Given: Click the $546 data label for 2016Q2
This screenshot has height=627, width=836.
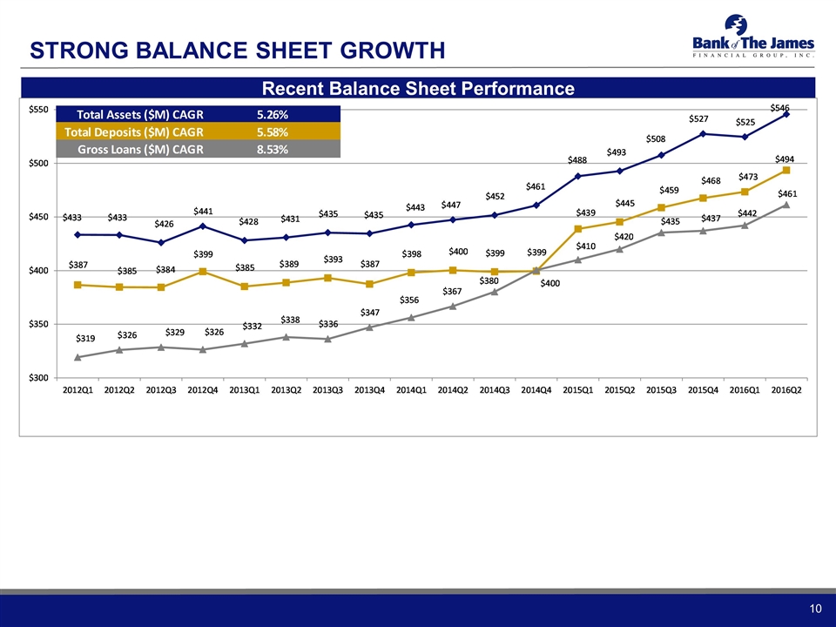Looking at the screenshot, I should point(779,107).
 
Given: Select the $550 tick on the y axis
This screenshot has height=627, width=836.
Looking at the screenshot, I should point(38,110).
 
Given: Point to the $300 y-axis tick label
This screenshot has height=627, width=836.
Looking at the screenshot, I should point(38,378).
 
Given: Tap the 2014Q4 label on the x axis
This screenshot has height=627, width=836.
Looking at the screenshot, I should point(536,388).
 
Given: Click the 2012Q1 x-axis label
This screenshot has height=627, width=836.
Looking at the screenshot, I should point(77,388).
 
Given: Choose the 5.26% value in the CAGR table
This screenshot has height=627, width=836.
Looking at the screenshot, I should point(272,114).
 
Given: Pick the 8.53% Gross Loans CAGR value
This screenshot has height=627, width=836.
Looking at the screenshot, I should point(272,149).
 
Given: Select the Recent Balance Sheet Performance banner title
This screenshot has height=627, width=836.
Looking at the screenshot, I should point(418,88).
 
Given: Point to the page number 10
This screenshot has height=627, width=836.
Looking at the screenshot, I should point(814,607).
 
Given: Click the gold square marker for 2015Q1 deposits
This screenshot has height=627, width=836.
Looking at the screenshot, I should point(578,228).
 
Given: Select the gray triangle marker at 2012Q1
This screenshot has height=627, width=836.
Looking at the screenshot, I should point(78,357).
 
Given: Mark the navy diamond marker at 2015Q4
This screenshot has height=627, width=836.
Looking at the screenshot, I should point(703,133).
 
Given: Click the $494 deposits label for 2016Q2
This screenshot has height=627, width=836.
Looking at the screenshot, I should point(786,159).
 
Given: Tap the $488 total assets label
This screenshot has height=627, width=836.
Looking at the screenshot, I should point(577,160).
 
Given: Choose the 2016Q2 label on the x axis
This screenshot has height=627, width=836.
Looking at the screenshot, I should point(786,388).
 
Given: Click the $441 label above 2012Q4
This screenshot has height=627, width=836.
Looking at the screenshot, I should point(204,211).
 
